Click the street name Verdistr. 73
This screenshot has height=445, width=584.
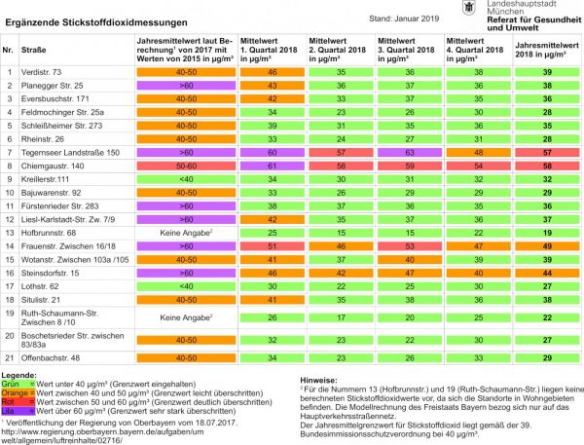[47, 72]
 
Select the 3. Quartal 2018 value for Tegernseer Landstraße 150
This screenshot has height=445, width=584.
[410, 153]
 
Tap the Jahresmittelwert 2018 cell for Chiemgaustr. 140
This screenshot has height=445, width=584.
[548, 167]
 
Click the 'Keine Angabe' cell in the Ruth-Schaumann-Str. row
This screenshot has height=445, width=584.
[185, 316]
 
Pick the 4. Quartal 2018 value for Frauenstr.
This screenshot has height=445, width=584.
[477, 247]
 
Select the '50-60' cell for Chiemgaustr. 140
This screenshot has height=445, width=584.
[185, 167]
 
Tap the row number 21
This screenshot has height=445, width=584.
[10, 358]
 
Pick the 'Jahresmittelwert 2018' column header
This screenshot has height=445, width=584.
[548, 47]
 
